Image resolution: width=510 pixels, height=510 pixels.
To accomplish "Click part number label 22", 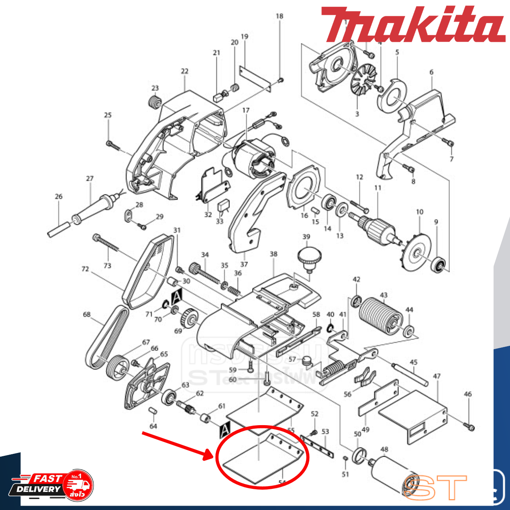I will (184, 71).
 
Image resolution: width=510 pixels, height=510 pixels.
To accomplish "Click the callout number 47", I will (437, 376).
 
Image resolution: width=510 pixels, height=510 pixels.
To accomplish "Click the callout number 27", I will (90, 178).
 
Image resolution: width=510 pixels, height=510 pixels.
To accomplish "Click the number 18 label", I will (279, 16).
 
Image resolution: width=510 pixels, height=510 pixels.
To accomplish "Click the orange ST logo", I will (434, 487).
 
